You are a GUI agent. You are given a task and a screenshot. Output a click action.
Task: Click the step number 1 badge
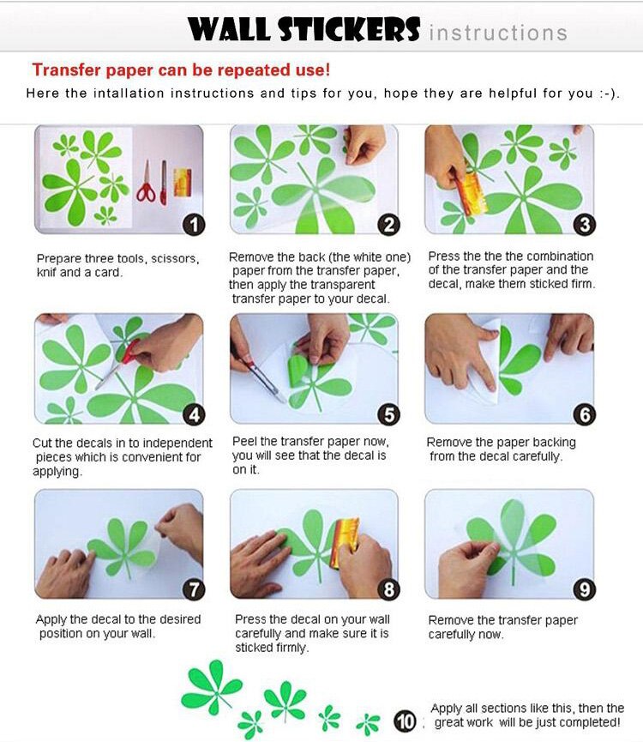[x=194, y=224]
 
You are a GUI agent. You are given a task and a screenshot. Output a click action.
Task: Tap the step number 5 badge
[x=388, y=414]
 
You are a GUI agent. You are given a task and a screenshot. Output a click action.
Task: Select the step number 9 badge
[x=585, y=589]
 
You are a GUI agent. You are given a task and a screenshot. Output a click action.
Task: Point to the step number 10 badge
[x=405, y=722]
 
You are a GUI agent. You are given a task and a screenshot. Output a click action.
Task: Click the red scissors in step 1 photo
[x=146, y=182]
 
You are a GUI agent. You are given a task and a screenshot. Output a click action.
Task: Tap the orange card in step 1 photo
[x=183, y=182]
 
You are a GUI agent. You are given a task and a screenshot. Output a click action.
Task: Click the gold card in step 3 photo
[x=471, y=193]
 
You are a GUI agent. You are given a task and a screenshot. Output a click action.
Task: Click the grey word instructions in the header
[x=498, y=33]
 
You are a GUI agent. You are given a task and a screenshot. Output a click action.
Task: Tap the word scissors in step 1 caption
[x=175, y=259]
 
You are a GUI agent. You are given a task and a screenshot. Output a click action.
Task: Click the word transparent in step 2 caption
[x=339, y=285]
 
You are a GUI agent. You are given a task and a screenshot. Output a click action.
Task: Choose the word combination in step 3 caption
[x=558, y=256]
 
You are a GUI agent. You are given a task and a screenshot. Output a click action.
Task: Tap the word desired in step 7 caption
[x=180, y=619]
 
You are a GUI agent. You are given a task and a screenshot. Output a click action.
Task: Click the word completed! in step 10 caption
[x=584, y=722]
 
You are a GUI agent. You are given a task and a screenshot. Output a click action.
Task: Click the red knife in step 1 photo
[x=164, y=183]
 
